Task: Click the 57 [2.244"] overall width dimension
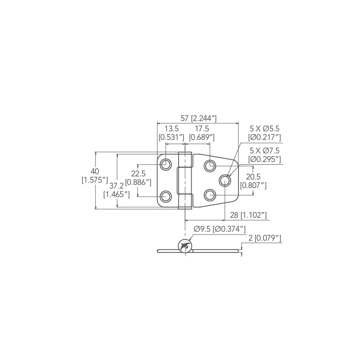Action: pos(198,118)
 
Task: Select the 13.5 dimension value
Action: pos(171,129)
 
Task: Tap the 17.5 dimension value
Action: pos(201,129)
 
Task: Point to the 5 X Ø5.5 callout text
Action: pos(265,128)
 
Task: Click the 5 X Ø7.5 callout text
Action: pos(265,151)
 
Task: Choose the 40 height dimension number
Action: pos(94,171)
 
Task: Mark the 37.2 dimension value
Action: pos(116,186)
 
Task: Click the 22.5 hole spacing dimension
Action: pos(138,174)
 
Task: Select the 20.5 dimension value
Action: pos(253,176)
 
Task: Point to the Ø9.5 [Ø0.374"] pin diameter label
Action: pos(219,229)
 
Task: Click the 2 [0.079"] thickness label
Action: pos(265,238)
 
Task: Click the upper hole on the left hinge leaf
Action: pos(166,165)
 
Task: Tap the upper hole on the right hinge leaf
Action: pos(210,165)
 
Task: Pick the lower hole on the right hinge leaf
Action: pos(210,195)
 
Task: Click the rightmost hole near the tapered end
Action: pos(225,180)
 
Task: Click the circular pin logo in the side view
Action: pos(185,246)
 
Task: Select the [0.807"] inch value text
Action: pos(253,185)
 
